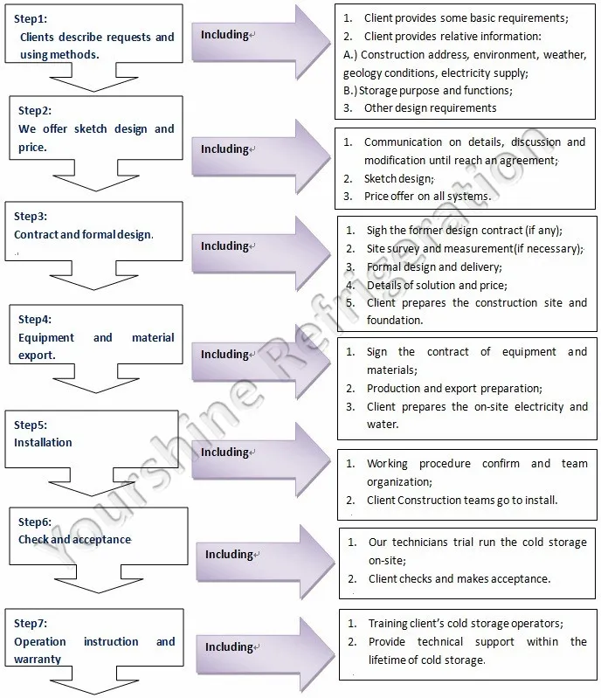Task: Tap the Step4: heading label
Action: point(35,319)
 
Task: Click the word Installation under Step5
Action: point(43,442)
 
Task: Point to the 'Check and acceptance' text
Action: point(75,539)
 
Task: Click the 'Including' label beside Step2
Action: point(225,149)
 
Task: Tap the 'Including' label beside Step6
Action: point(229,555)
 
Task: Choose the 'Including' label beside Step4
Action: point(225,355)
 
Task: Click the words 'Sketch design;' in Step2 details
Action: point(398,178)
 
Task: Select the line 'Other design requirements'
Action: point(430,108)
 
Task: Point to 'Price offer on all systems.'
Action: point(427,197)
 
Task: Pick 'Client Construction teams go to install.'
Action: point(462,501)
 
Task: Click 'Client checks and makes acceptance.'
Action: point(459,578)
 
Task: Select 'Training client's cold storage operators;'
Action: point(466,624)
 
